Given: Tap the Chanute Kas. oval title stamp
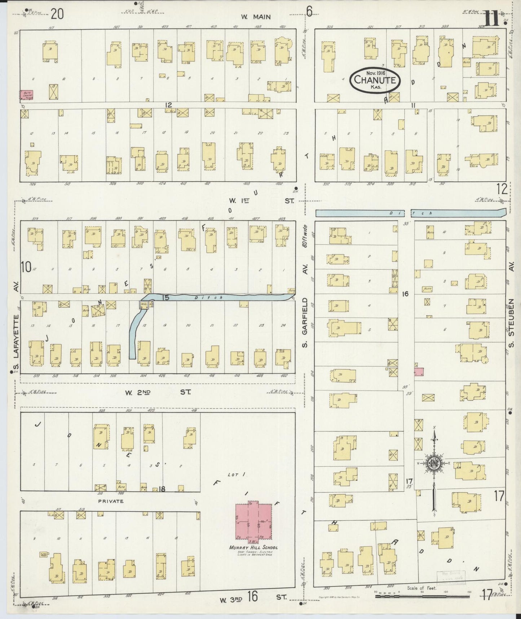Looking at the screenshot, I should (375, 80).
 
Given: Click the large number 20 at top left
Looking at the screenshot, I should (57, 14).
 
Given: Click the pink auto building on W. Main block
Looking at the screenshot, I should (26, 95).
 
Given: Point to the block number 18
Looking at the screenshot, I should (162, 489).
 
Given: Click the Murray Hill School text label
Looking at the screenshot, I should (253, 547).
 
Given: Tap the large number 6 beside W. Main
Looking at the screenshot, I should (309, 12).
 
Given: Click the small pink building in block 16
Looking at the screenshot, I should (419, 372).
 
